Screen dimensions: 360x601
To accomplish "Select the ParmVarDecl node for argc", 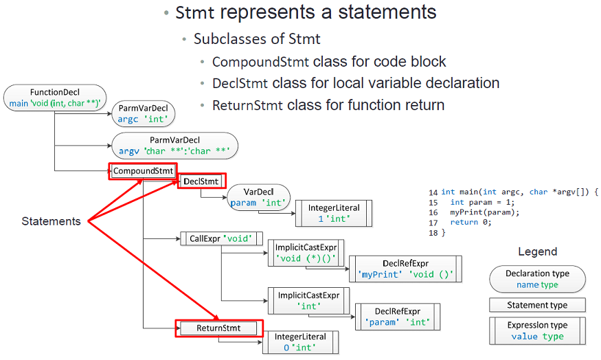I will [x=145, y=113].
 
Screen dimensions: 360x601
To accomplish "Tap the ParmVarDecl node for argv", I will [x=174, y=145].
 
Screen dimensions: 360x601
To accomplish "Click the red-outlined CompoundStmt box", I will [x=143, y=170].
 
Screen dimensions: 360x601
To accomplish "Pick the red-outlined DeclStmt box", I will [x=201, y=181].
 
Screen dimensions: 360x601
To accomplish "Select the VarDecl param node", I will [x=258, y=197].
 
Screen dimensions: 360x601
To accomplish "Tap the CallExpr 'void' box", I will [x=221, y=239].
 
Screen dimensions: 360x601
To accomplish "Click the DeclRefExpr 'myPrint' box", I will [x=405, y=269].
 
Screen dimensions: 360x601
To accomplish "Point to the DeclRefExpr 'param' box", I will [x=398, y=316].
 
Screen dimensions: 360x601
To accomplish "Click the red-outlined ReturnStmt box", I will [x=219, y=328].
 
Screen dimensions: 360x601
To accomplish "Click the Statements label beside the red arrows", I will [x=51, y=221].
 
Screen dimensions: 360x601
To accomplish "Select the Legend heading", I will [x=537, y=251].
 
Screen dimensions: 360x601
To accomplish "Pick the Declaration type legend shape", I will [x=537, y=279].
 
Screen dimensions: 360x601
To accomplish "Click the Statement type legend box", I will [x=537, y=305].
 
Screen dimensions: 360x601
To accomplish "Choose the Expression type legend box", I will [x=537, y=330].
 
